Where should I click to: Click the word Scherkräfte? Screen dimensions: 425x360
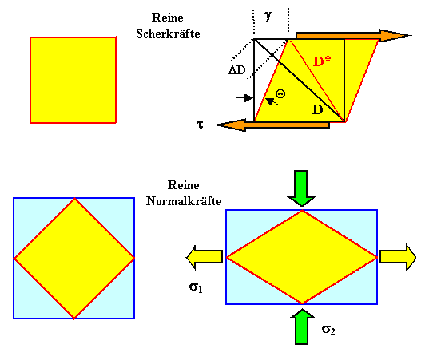168,34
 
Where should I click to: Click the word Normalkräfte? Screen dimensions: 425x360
184,201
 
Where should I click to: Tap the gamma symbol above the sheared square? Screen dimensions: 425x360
268,17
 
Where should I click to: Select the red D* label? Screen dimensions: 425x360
322,61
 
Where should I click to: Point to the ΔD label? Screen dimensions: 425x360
237,70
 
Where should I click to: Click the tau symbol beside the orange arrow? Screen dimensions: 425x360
200,125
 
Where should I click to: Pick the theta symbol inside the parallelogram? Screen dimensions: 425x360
280,94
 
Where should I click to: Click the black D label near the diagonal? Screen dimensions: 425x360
318,109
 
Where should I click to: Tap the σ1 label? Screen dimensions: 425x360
196,287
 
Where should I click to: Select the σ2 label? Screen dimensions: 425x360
328,330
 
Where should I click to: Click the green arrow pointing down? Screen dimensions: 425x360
301,188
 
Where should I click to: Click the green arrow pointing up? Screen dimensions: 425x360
302,326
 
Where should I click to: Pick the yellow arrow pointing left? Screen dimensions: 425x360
205,257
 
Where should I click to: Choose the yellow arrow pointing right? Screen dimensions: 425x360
398,257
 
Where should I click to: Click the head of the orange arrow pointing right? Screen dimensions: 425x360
395,35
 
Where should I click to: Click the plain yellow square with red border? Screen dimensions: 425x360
73,80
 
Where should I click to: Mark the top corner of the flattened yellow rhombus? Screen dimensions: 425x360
302,210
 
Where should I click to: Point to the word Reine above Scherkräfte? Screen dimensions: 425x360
168,18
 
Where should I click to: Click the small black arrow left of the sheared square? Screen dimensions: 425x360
245,98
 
